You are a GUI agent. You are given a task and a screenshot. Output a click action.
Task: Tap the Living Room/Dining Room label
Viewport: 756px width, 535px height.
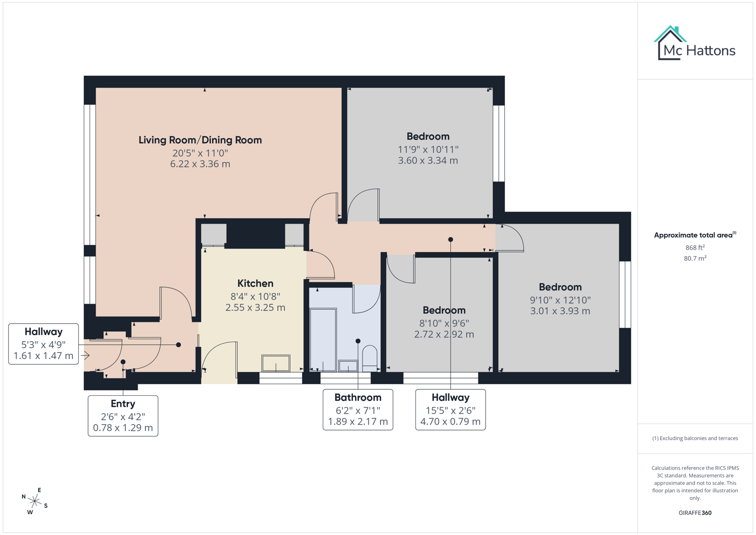[x=200, y=140]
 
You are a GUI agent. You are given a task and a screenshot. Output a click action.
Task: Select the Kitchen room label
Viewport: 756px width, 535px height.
[x=255, y=283]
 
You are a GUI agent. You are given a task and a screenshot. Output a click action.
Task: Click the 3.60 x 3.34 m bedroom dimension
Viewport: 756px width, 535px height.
[x=428, y=160]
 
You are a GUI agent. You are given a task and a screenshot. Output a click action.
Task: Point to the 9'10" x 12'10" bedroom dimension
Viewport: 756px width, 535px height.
[x=560, y=300]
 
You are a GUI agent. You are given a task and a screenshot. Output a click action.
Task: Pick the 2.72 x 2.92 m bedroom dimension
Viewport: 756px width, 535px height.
[x=444, y=334]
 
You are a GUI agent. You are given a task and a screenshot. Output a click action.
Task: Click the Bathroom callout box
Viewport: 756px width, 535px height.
[x=357, y=409]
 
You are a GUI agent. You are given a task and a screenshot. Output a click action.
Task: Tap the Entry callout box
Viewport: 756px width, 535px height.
[x=123, y=416]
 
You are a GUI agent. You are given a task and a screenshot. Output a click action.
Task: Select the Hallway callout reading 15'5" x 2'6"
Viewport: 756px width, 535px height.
[x=450, y=409]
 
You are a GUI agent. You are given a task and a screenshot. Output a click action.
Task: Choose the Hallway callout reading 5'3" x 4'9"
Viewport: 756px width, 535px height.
[x=44, y=344]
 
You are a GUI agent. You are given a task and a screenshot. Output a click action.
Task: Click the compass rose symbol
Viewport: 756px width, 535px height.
[x=35, y=501]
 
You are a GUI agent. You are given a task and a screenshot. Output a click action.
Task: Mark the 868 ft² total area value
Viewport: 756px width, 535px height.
[x=695, y=247]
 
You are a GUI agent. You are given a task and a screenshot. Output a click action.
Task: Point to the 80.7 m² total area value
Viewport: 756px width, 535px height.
[x=695, y=258]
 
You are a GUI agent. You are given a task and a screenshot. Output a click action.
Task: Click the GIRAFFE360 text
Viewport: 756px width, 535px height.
[x=695, y=513]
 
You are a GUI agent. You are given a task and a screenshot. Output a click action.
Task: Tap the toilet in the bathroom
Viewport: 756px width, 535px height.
[x=369, y=358]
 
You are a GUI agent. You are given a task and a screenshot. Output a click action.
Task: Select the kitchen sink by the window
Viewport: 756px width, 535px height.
[x=276, y=363]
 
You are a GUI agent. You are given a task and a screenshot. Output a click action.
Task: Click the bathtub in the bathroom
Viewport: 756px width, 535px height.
[x=322, y=339]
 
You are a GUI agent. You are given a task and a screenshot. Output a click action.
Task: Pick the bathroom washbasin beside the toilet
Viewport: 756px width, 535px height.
[x=348, y=366]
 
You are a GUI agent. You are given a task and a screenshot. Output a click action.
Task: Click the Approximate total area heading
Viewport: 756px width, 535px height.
[x=695, y=235]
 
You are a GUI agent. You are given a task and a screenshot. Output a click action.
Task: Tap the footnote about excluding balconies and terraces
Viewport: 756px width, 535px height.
[x=695, y=438]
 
